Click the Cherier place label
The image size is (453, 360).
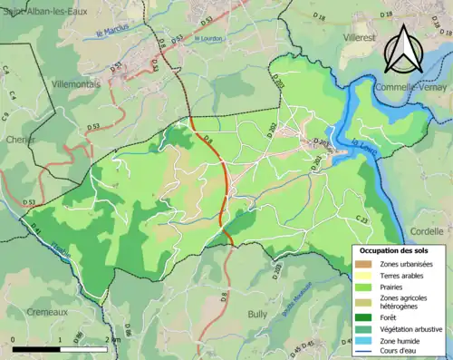coord(21,141)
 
